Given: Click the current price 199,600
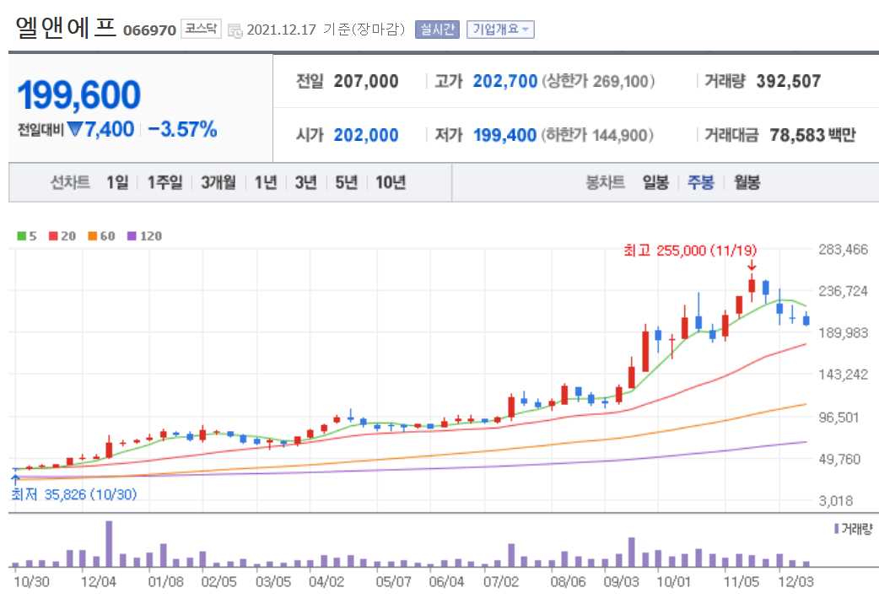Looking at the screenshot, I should [x=78, y=95].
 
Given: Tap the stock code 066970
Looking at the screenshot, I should [x=149, y=30].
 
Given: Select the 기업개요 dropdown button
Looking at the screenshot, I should [x=499, y=30].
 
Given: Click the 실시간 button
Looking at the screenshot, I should [x=436, y=30].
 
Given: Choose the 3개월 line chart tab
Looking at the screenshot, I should [x=218, y=182].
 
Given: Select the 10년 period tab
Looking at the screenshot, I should [x=391, y=182].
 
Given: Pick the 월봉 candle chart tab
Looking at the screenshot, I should [x=747, y=182].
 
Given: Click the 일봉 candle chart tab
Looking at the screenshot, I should [x=655, y=182].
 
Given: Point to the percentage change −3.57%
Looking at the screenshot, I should [x=182, y=129].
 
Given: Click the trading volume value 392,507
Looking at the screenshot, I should [x=787, y=82].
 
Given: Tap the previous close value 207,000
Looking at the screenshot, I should [x=366, y=82].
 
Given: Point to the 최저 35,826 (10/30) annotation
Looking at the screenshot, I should [x=73, y=493].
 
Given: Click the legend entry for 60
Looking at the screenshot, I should [x=102, y=236].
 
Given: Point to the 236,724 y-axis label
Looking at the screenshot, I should [x=844, y=291].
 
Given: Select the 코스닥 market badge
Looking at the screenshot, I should [x=201, y=30].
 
